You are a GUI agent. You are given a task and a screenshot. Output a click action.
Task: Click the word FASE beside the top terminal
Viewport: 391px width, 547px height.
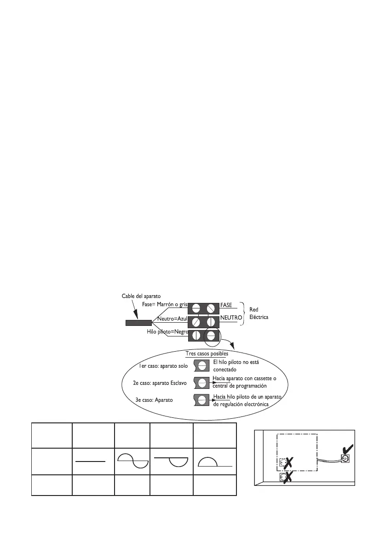click(x=227, y=305)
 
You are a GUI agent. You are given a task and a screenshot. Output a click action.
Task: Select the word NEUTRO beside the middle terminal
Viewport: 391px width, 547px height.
click(x=231, y=318)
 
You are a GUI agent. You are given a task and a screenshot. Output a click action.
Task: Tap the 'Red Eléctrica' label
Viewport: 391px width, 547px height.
click(x=259, y=313)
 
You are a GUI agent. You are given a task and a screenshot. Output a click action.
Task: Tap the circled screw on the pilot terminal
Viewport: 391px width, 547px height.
click(x=212, y=335)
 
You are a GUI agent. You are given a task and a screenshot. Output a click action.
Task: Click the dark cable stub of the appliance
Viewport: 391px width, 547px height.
click(x=138, y=322)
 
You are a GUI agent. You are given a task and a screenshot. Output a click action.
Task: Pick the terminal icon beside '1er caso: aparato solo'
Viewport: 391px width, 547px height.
click(x=201, y=366)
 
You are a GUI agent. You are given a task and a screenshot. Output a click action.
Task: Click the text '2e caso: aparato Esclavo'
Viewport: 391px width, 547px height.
click(x=156, y=382)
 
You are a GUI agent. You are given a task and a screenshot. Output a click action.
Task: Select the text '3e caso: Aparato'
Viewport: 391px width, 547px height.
click(x=154, y=400)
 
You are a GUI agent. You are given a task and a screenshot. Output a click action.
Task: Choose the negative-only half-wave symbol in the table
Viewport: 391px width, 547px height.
click(x=172, y=461)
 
